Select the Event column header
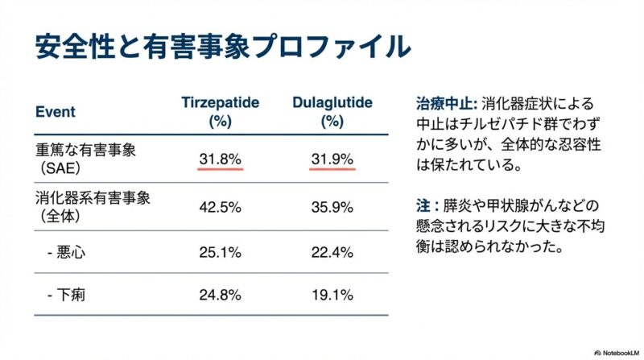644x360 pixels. tap(56, 112)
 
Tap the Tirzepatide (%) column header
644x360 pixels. tap(220, 113)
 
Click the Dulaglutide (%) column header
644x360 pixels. tap(332, 113)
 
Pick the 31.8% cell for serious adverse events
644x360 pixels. tap(220, 159)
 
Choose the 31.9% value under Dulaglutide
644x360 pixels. tap(332, 159)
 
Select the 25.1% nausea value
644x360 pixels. tap(220, 253)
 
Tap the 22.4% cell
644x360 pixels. tap(332, 253)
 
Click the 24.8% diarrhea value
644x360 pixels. tap(220, 295)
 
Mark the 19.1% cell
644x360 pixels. tap(332, 295)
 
